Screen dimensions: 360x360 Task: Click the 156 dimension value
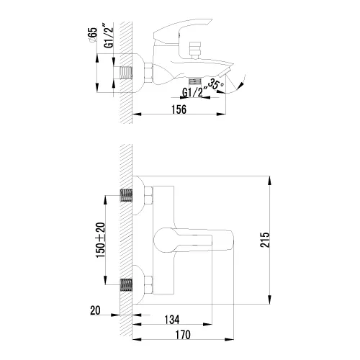pyautogui.click(x=179, y=109)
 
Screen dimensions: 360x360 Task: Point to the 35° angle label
pyautogui.click(x=216, y=84)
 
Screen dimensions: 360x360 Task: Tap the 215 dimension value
pyautogui.click(x=265, y=240)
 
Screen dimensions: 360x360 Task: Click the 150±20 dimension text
pyautogui.click(x=101, y=240)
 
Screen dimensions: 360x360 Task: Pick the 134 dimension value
pyautogui.click(x=172, y=320)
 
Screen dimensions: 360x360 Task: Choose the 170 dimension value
pyautogui.click(x=183, y=335)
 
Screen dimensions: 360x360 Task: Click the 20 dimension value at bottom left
pyautogui.click(x=95, y=310)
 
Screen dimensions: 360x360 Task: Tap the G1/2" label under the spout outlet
pyautogui.click(x=192, y=93)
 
